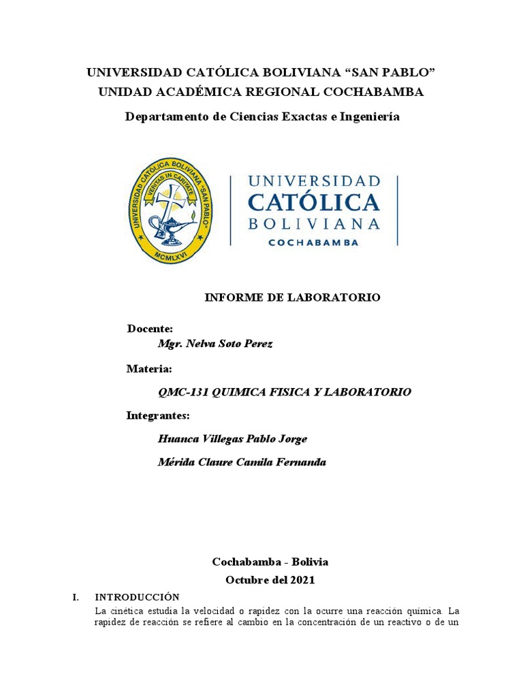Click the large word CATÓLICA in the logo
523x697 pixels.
pyautogui.click(x=313, y=202)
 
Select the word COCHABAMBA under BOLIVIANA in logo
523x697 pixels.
pyautogui.click(x=313, y=242)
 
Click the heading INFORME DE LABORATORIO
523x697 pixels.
pyautogui.click(x=293, y=297)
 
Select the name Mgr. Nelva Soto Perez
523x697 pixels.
pyautogui.click(x=215, y=344)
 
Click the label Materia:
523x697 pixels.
pyautogui.click(x=149, y=369)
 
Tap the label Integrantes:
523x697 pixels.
pyautogui.click(x=157, y=415)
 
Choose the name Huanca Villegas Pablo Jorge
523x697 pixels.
pyautogui.click(x=232, y=438)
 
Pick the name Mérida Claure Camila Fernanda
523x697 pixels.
pyautogui.click(x=242, y=462)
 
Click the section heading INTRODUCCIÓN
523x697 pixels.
pyautogui.click(x=137, y=597)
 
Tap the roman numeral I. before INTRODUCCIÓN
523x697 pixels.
pyautogui.click(x=76, y=597)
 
